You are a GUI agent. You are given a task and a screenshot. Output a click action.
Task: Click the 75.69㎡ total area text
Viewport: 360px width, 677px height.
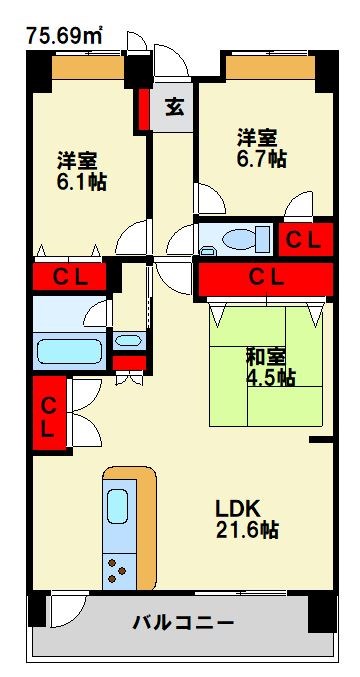pos(65,35)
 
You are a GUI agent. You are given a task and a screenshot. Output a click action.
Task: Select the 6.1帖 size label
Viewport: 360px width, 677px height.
pos(81,183)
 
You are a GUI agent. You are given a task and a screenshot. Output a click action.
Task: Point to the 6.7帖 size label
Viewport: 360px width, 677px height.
pos(261,160)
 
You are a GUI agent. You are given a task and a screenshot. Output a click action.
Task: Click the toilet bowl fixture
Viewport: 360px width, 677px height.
pos(241,238)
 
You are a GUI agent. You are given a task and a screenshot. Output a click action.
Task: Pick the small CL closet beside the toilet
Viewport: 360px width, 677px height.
pos(306,240)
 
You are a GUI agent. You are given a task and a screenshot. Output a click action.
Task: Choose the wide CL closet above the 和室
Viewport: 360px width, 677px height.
pos(265,279)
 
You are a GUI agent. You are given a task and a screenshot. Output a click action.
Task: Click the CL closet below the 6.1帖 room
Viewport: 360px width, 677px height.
pos(69,277)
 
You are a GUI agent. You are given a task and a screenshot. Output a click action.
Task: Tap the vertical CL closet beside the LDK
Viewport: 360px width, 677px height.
pos(50,414)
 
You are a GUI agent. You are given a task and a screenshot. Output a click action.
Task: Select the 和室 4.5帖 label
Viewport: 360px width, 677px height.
pos(271,367)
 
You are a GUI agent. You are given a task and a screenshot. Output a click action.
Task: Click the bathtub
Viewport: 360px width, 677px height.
pos(69,351)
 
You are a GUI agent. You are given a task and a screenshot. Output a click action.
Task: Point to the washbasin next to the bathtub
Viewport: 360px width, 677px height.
pos(128,340)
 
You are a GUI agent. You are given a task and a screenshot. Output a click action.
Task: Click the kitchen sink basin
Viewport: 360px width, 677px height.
pos(117,506)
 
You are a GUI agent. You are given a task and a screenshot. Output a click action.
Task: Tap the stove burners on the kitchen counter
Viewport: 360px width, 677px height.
pos(116,571)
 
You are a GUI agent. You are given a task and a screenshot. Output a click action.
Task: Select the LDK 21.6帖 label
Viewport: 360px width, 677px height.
pos(247,520)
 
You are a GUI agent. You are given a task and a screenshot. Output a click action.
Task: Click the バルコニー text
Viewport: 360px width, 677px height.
pos(183,623)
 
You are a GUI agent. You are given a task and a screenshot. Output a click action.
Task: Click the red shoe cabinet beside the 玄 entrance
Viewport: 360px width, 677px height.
pos(144,109)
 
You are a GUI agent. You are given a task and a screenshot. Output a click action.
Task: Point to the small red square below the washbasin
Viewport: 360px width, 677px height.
pos(129,363)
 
